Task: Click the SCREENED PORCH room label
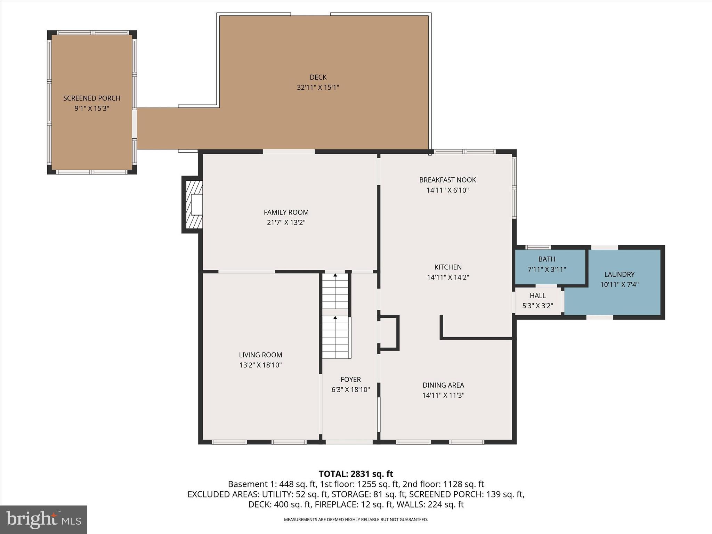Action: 92,98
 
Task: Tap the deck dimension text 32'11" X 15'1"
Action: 318,87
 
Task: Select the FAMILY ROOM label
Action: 286,212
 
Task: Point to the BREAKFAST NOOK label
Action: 447,180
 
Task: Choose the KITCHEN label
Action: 448,267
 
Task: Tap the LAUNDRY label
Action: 619,274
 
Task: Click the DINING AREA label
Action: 443,385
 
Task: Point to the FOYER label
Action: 350,379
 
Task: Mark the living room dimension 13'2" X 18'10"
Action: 260,365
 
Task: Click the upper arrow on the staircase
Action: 335,275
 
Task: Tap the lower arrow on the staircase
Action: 335,317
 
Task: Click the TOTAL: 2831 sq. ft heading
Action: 356,474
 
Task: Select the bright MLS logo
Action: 43,519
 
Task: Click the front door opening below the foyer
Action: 349,442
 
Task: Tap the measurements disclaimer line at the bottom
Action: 356,520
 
